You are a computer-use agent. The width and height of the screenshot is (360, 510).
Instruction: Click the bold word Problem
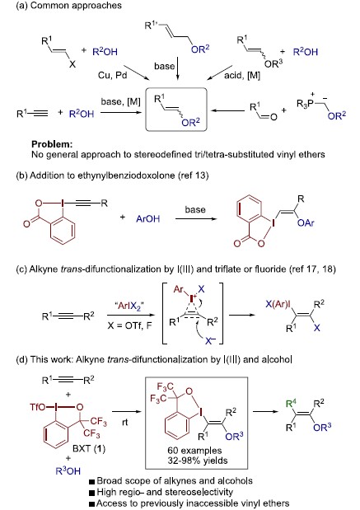[x=52, y=144]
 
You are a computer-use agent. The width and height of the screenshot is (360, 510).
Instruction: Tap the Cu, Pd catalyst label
[x=112, y=76]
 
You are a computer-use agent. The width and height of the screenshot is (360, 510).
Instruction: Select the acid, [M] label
[x=242, y=76]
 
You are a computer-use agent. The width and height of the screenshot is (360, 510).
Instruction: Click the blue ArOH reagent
[x=148, y=218]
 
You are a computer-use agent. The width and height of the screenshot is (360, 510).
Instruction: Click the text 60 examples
[x=194, y=451]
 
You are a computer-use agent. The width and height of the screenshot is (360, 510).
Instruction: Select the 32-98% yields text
[x=198, y=461]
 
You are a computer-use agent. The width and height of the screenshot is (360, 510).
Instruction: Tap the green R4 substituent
[x=292, y=405]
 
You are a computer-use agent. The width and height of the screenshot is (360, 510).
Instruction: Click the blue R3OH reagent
[x=68, y=470]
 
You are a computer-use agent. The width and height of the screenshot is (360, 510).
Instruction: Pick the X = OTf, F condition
[x=130, y=325]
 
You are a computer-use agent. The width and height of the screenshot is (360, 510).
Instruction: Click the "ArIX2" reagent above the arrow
[x=129, y=306]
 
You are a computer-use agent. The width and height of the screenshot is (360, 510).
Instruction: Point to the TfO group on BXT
[x=38, y=407]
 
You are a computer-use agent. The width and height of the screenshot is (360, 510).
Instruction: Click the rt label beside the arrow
[x=125, y=422]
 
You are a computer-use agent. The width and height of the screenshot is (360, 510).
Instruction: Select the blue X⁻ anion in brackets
[x=211, y=340]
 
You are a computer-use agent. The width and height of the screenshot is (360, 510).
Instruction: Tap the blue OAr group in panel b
[x=306, y=222]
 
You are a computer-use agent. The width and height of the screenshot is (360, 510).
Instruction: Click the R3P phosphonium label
[x=305, y=104]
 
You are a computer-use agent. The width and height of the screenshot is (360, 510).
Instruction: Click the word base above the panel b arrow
[x=195, y=209]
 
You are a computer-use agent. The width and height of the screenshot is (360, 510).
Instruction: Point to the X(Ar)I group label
[x=279, y=305]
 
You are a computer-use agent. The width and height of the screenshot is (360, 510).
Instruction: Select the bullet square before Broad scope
[x=92, y=481]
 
